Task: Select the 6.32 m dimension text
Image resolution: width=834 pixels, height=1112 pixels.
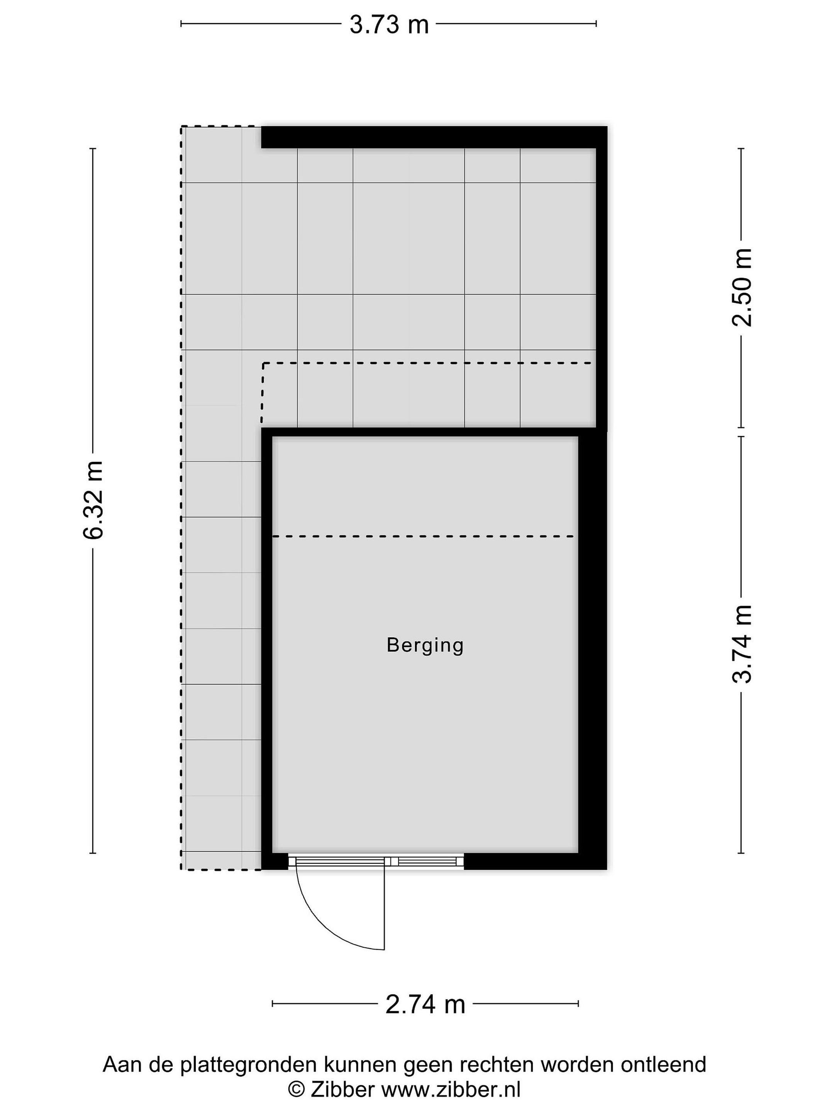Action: [94, 500]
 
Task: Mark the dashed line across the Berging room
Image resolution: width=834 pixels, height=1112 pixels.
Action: [423, 536]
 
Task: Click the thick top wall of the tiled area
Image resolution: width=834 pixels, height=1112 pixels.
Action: [434, 137]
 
